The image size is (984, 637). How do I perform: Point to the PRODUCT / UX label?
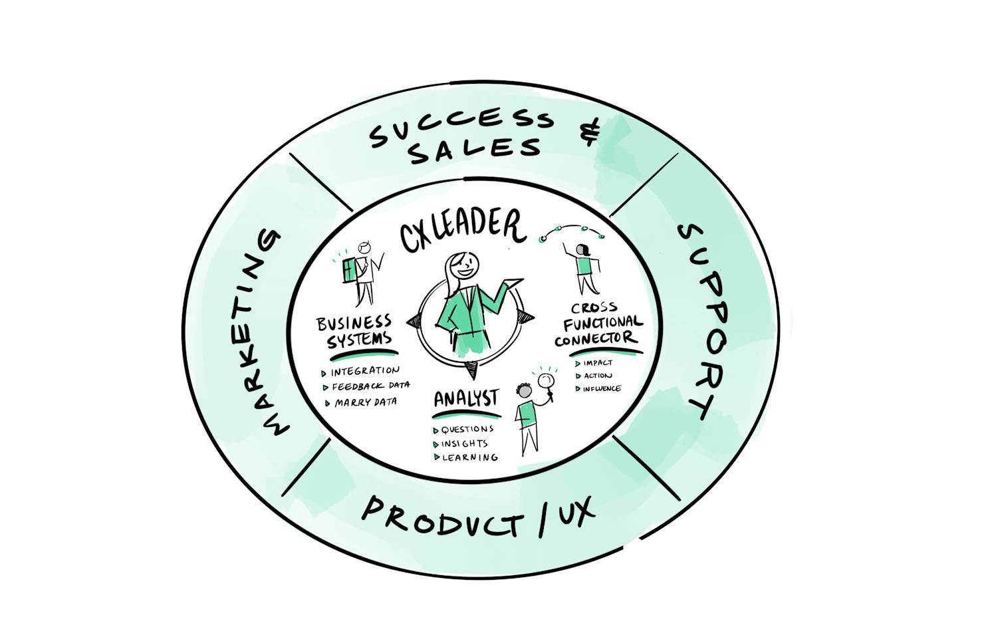click(477, 515)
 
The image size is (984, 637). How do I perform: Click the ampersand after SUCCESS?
click(589, 132)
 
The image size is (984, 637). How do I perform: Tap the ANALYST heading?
click(465, 399)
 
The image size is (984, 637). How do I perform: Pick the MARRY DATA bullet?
click(365, 402)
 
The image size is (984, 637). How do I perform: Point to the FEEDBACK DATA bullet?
click(370, 386)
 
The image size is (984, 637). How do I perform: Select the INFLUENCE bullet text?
click(602, 388)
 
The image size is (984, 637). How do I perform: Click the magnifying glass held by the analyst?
click(547, 381)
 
